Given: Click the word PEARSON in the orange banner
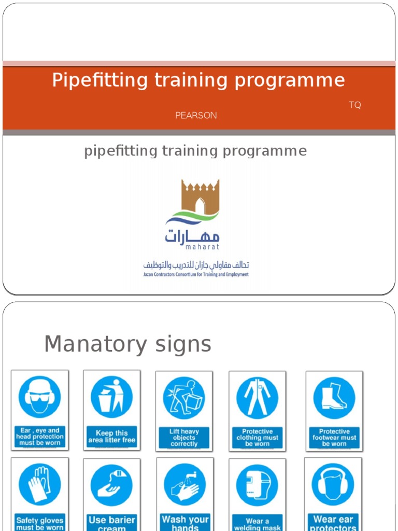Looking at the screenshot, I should pyautogui.click(x=196, y=115).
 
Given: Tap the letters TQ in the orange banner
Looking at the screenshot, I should pyautogui.click(x=354, y=105).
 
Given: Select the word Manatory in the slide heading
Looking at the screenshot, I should pyautogui.click(x=88, y=344).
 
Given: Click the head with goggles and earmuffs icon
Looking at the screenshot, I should pyautogui.click(x=39, y=397).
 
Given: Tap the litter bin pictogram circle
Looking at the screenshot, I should pyautogui.click(x=111, y=397).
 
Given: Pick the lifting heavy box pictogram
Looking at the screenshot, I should pyautogui.click(x=184, y=398).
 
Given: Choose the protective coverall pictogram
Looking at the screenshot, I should pyautogui.click(x=257, y=398).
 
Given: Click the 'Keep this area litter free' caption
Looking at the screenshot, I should pyautogui.click(x=111, y=437).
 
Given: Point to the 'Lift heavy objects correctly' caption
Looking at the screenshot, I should pyautogui.click(x=184, y=437).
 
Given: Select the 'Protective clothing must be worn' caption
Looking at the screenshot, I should pyautogui.click(x=257, y=437).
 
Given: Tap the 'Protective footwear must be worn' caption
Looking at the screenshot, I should pyautogui.click(x=334, y=437).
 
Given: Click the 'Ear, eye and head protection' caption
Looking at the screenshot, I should pyautogui.click(x=39, y=437).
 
